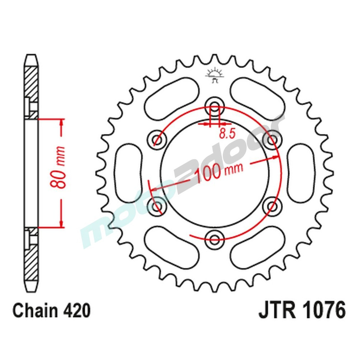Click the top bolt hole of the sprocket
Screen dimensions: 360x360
pos(215,107)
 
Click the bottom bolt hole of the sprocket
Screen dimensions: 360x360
pos(215,237)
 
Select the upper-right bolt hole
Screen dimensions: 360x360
pos(273,139)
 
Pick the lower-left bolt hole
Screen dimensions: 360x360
pos(157,205)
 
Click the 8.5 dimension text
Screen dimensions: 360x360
pos(227,134)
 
